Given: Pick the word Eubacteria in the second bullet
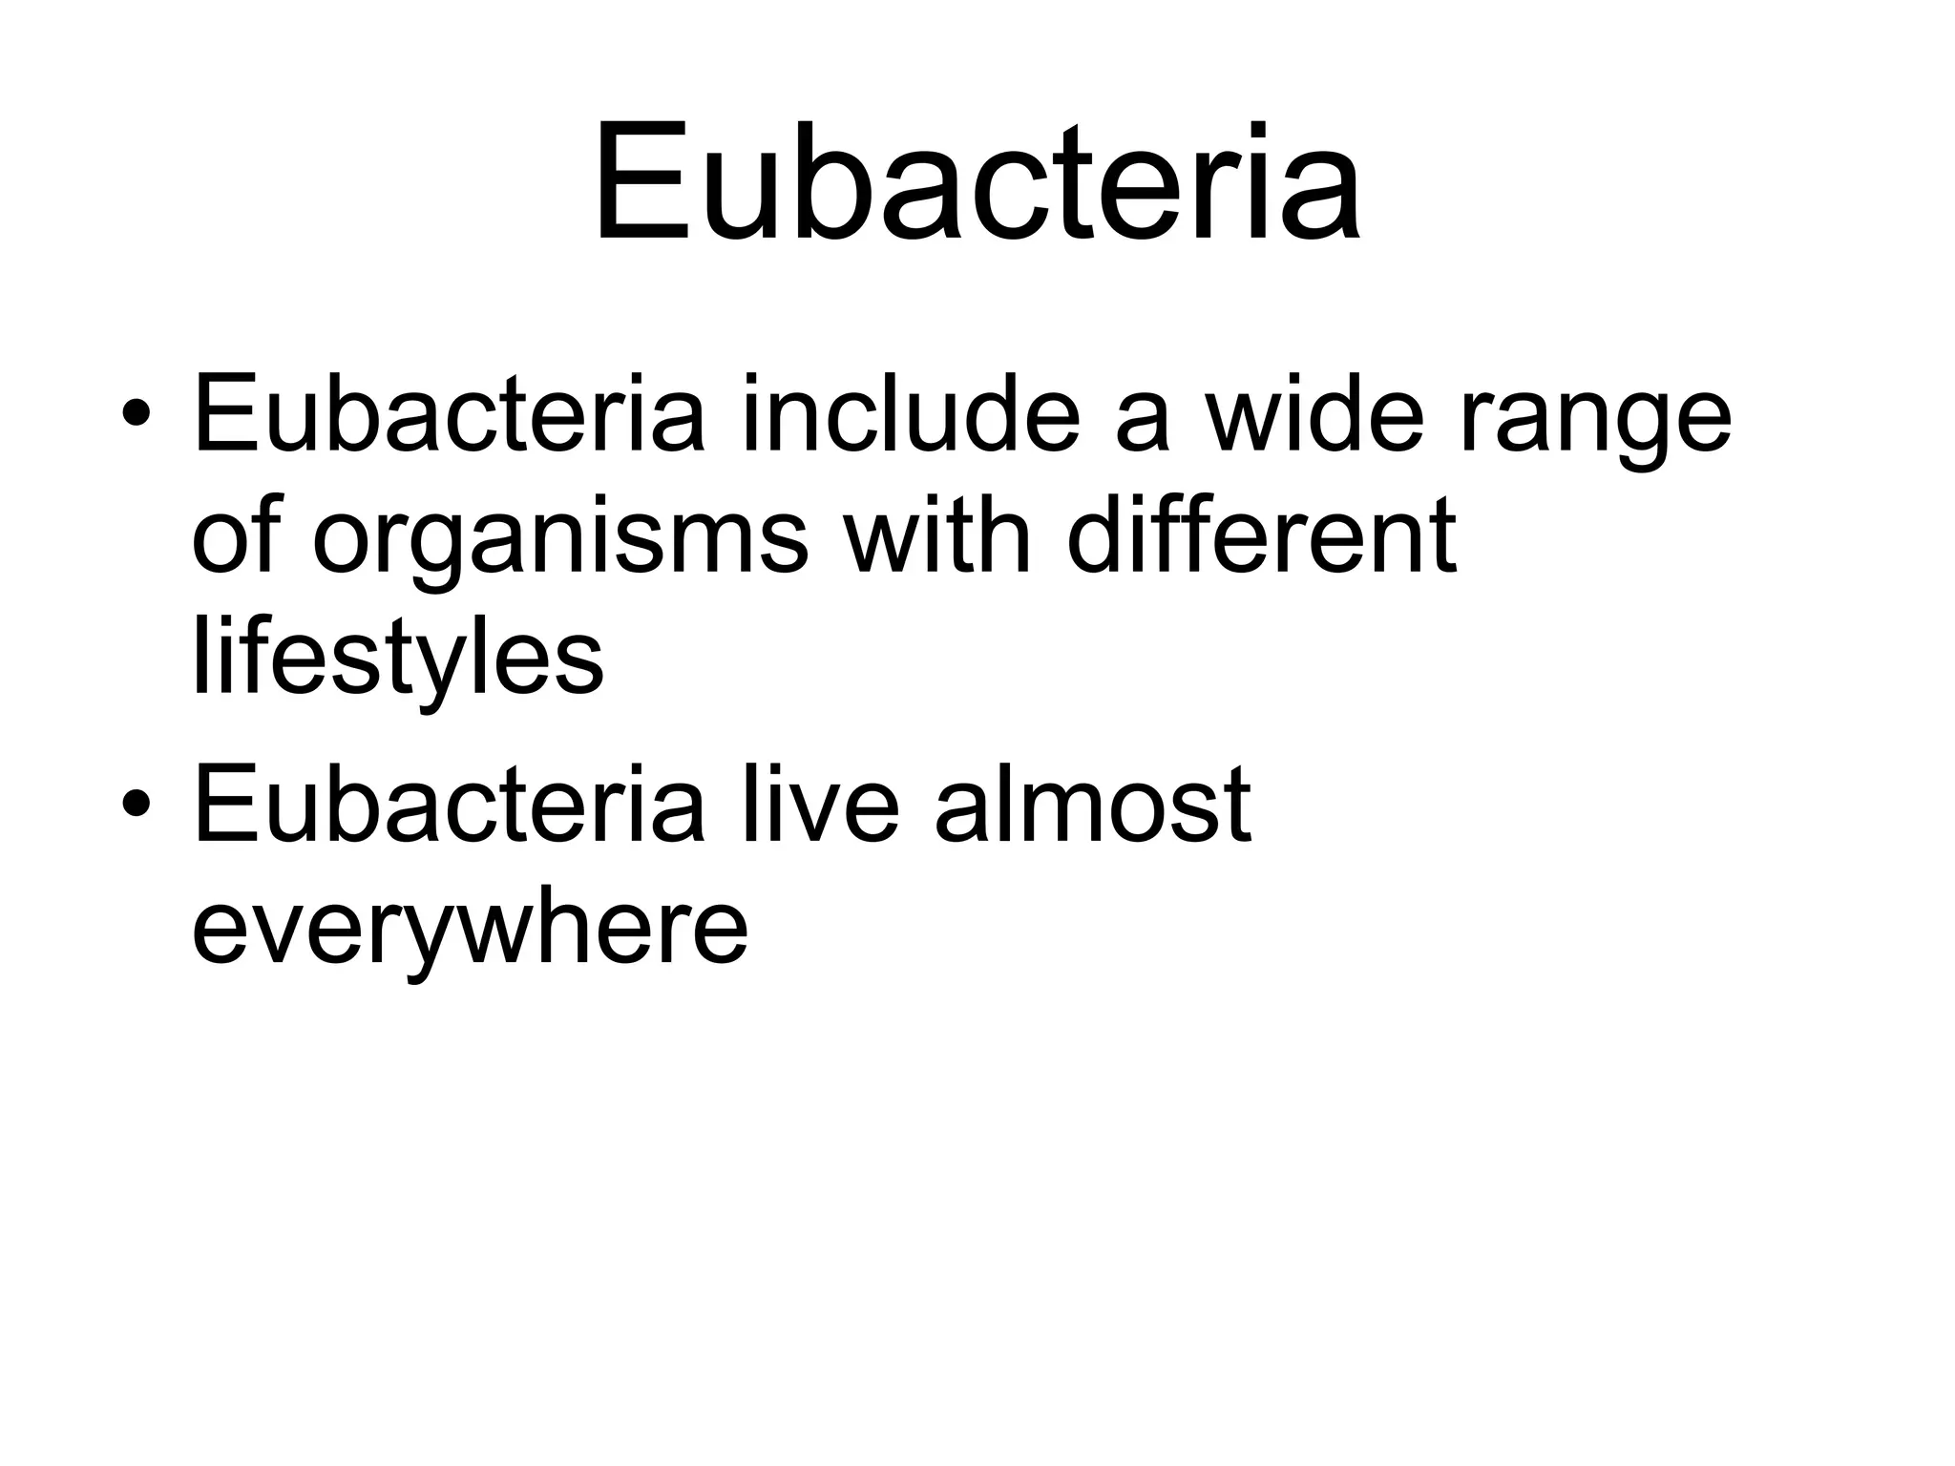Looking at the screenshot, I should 449,804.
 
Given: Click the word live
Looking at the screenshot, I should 820,804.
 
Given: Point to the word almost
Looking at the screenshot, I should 1092,804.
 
